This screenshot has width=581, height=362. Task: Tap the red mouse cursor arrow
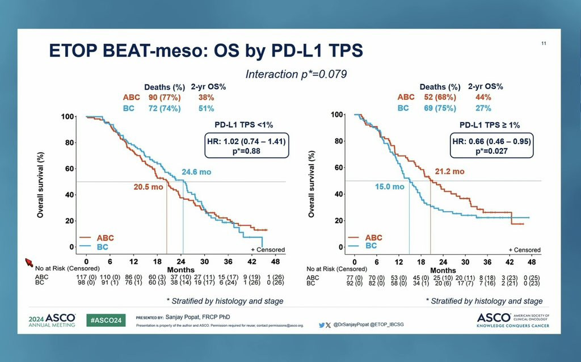29,261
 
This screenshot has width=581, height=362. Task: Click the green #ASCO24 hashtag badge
106,320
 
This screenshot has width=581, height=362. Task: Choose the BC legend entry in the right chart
370,246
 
